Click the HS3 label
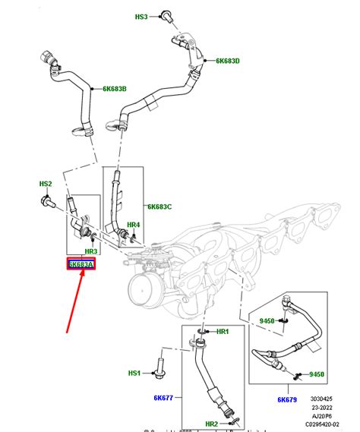142,16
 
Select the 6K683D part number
227,61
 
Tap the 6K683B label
115,89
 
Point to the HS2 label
46,184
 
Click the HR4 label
133,225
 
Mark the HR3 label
90,251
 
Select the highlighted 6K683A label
80,265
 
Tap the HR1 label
223,333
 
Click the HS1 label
134,374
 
